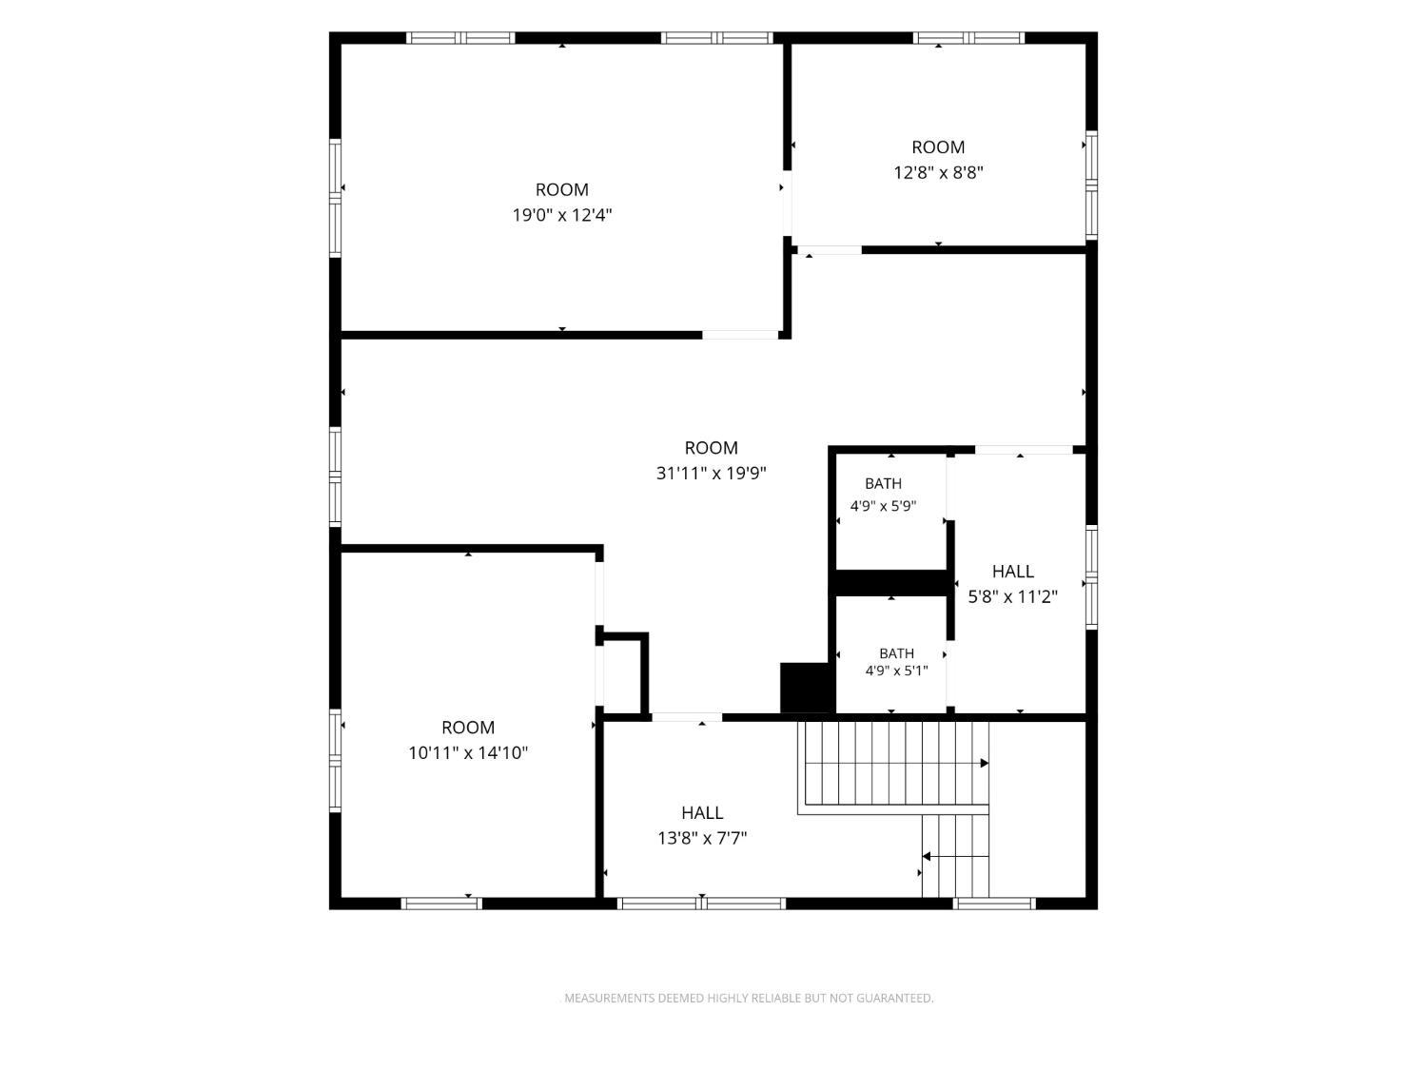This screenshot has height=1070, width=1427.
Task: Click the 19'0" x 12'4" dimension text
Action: tap(561, 214)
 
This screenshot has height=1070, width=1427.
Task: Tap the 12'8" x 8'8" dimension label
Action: tap(937, 172)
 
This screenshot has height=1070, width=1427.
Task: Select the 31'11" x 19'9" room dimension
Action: tap(711, 473)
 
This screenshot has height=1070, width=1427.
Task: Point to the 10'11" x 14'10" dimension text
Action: tap(467, 752)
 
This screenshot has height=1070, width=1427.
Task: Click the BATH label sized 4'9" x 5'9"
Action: tap(883, 483)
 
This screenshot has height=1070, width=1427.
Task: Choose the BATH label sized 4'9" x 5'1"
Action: tap(896, 652)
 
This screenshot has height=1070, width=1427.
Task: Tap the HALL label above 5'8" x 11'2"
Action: tap(1012, 571)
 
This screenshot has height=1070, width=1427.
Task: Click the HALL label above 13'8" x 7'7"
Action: tap(702, 813)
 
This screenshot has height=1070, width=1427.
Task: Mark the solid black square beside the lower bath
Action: tap(806, 688)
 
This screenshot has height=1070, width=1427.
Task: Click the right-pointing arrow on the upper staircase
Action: tap(984, 763)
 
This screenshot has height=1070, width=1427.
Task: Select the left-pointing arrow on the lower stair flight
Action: tap(927, 857)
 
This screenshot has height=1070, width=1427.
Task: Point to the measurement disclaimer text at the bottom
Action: tap(749, 998)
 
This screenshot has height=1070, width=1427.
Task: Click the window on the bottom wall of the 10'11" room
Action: tap(441, 903)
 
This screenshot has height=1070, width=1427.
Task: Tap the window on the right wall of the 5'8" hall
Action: tap(1091, 577)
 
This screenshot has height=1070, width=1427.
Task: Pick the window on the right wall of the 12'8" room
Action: tap(1091, 185)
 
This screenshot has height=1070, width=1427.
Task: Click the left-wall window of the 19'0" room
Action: tap(335, 198)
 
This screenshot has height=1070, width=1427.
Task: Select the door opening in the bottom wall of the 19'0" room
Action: tap(740, 335)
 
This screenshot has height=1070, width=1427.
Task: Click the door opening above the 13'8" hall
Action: tap(687, 717)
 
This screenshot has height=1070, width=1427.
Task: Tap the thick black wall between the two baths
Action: tap(890, 583)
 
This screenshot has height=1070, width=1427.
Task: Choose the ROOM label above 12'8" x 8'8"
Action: tap(937, 146)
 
